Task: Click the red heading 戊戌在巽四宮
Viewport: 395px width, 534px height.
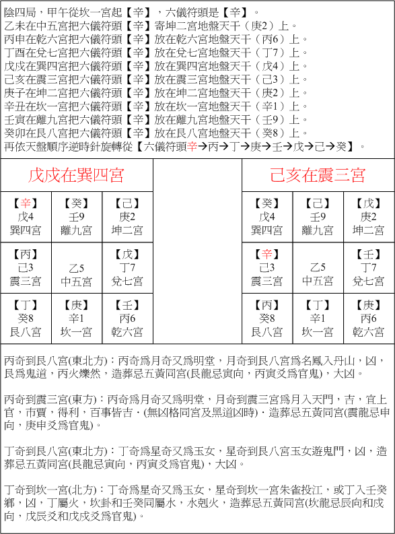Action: (75, 176)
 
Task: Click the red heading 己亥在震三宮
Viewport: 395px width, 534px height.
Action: (318, 176)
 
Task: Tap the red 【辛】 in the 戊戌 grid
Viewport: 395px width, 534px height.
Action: (26, 203)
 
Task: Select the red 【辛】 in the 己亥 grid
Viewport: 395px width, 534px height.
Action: (268, 254)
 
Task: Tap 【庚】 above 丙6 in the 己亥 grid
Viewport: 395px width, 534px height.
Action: (369, 305)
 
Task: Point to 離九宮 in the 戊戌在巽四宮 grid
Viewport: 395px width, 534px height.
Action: (77, 230)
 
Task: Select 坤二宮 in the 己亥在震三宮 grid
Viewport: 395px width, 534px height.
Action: (369, 230)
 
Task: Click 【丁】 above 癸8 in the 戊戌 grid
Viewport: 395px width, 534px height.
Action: (26, 305)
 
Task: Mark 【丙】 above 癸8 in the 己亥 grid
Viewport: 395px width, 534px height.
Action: (268, 305)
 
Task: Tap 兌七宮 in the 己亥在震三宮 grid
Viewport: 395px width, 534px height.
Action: (369, 281)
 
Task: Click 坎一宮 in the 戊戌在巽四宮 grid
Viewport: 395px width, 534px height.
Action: (77, 332)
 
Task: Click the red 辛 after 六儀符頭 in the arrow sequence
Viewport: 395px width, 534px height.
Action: (192, 146)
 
